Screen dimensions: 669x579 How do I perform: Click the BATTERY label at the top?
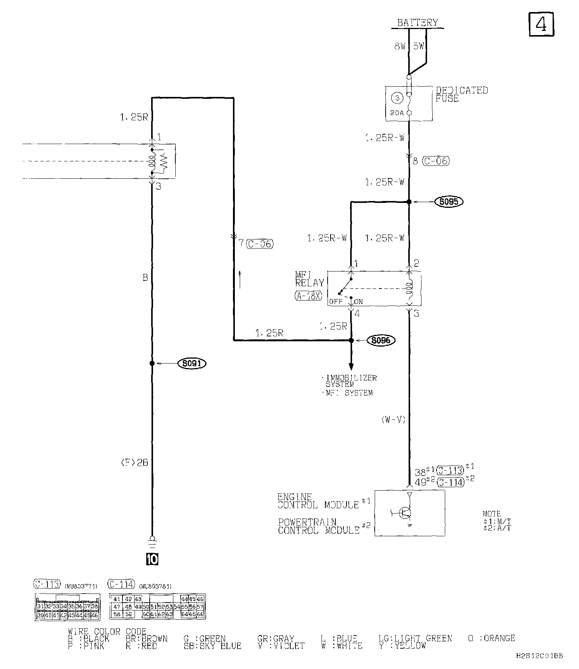(x=418, y=23)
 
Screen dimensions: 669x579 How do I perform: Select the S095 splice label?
(x=449, y=202)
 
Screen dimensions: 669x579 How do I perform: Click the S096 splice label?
(x=381, y=341)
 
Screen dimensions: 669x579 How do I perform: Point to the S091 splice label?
(x=192, y=364)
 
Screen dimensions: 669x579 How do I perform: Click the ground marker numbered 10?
(x=152, y=560)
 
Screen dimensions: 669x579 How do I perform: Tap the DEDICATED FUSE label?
(x=461, y=94)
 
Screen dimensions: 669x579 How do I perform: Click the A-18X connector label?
(x=308, y=296)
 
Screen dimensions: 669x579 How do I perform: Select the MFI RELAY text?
(x=309, y=279)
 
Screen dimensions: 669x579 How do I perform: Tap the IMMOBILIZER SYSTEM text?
(x=350, y=381)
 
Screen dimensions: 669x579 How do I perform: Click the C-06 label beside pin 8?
(x=435, y=161)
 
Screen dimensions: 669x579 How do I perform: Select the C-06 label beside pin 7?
(x=259, y=244)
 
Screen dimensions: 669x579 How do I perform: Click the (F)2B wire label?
(x=134, y=462)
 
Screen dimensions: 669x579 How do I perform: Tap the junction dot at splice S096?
(x=351, y=341)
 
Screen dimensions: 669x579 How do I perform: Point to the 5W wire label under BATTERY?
(x=418, y=46)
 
